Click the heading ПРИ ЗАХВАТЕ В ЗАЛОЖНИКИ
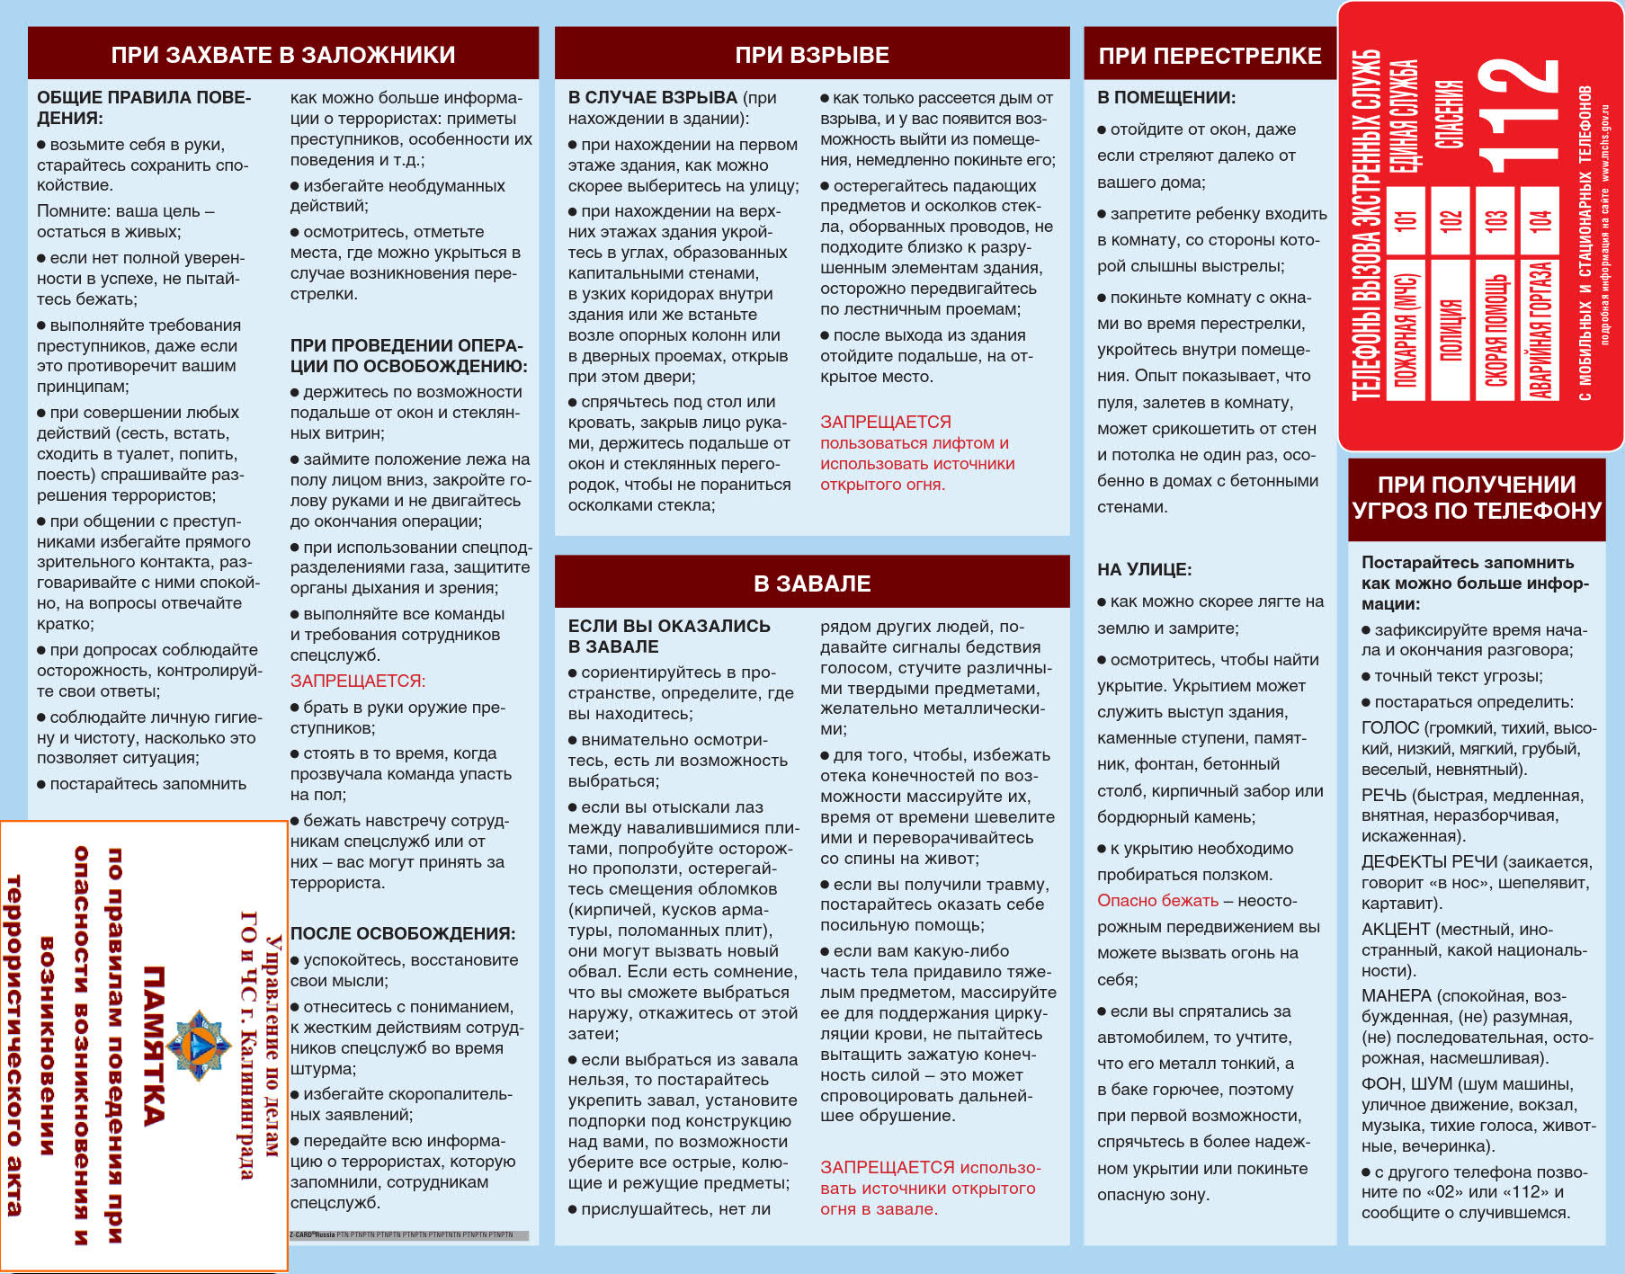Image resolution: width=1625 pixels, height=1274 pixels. pyautogui.click(x=283, y=55)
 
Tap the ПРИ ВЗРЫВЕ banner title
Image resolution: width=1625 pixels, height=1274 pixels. pyautogui.click(x=812, y=55)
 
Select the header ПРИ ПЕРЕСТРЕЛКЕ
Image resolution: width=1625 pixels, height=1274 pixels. pyautogui.click(x=1210, y=56)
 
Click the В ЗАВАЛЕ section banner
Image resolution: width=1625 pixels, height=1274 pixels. pyautogui.click(x=812, y=584)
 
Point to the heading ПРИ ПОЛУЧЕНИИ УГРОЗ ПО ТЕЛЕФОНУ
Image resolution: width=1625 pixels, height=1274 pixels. pyautogui.click(x=1477, y=497)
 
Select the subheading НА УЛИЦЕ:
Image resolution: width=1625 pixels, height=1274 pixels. pyautogui.click(x=1144, y=569)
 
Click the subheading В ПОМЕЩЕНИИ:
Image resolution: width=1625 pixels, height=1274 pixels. pyautogui.click(x=1166, y=97)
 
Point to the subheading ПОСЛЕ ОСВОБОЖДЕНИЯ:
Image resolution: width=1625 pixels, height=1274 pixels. pyautogui.click(x=403, y=933)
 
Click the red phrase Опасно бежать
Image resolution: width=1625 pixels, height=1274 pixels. pyautogui.click(x=1157, y=900)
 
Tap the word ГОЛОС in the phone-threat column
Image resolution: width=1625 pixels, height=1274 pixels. pyautogui.click(x=1390, y=727)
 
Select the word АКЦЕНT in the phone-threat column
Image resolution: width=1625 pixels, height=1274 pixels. pyautogui.click(x=1396, y=929)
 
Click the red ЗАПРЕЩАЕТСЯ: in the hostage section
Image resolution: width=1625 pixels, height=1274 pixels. pyautogui.click(x=358, y=681)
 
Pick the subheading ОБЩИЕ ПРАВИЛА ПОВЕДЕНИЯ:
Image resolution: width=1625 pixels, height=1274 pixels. pyautogui.click(x=144, y=107)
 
